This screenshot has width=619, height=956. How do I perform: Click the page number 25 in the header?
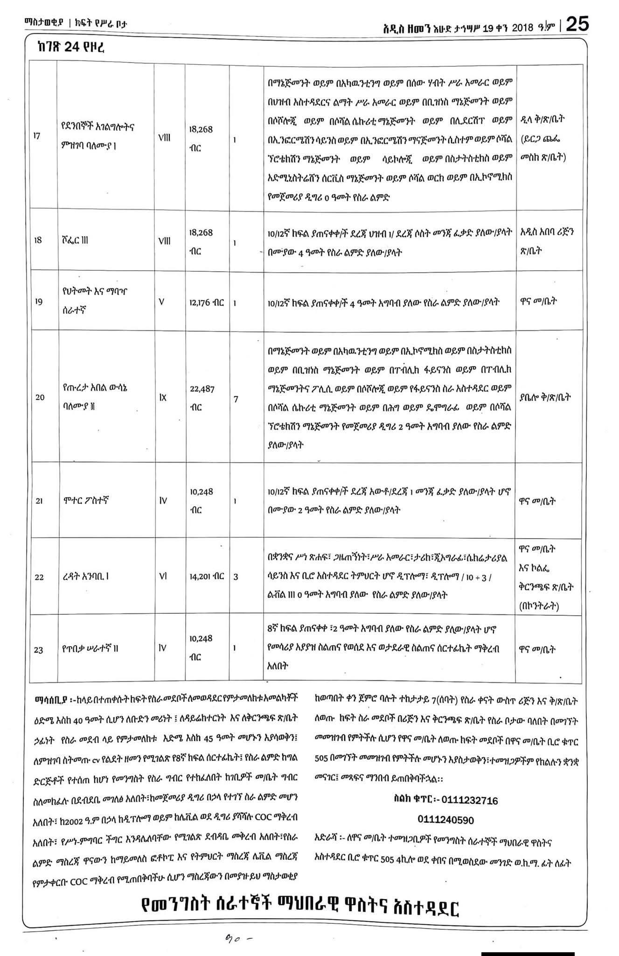point(577,24)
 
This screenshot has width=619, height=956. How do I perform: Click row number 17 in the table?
point(37,136)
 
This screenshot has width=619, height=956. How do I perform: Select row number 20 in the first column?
point(40,397)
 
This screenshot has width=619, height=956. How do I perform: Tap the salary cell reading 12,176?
point(207,302)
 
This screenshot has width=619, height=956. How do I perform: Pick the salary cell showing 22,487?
point(202,397)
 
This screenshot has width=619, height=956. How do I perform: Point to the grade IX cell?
point(163,397)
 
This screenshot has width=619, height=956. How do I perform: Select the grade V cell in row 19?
point(161,302)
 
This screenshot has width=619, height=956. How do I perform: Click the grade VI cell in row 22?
point(163,576)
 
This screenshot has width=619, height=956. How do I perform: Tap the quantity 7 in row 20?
point(236,400)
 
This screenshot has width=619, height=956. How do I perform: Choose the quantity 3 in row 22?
point(236,577)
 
